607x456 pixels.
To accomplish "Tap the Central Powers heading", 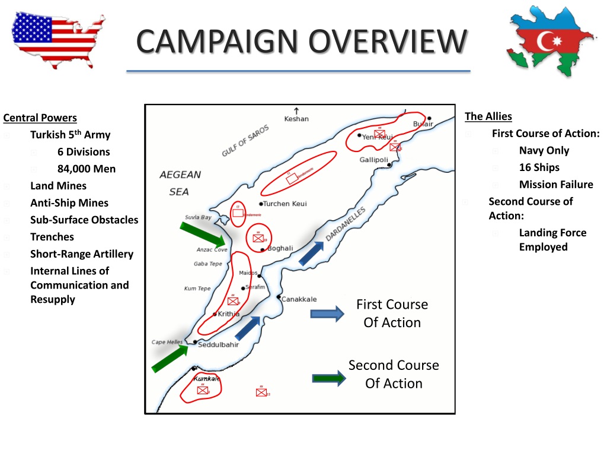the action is pos(40,118).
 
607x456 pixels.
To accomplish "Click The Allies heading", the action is pos(488,116).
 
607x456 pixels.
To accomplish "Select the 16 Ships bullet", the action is pos(539,167).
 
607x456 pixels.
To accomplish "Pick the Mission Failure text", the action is pos(555,184).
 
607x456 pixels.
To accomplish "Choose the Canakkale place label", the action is pos(299,299).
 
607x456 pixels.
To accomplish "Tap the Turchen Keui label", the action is pos(286,204).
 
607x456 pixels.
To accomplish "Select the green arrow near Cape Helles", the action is pos(170,359).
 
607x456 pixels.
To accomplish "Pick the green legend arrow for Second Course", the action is pos(329,378).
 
